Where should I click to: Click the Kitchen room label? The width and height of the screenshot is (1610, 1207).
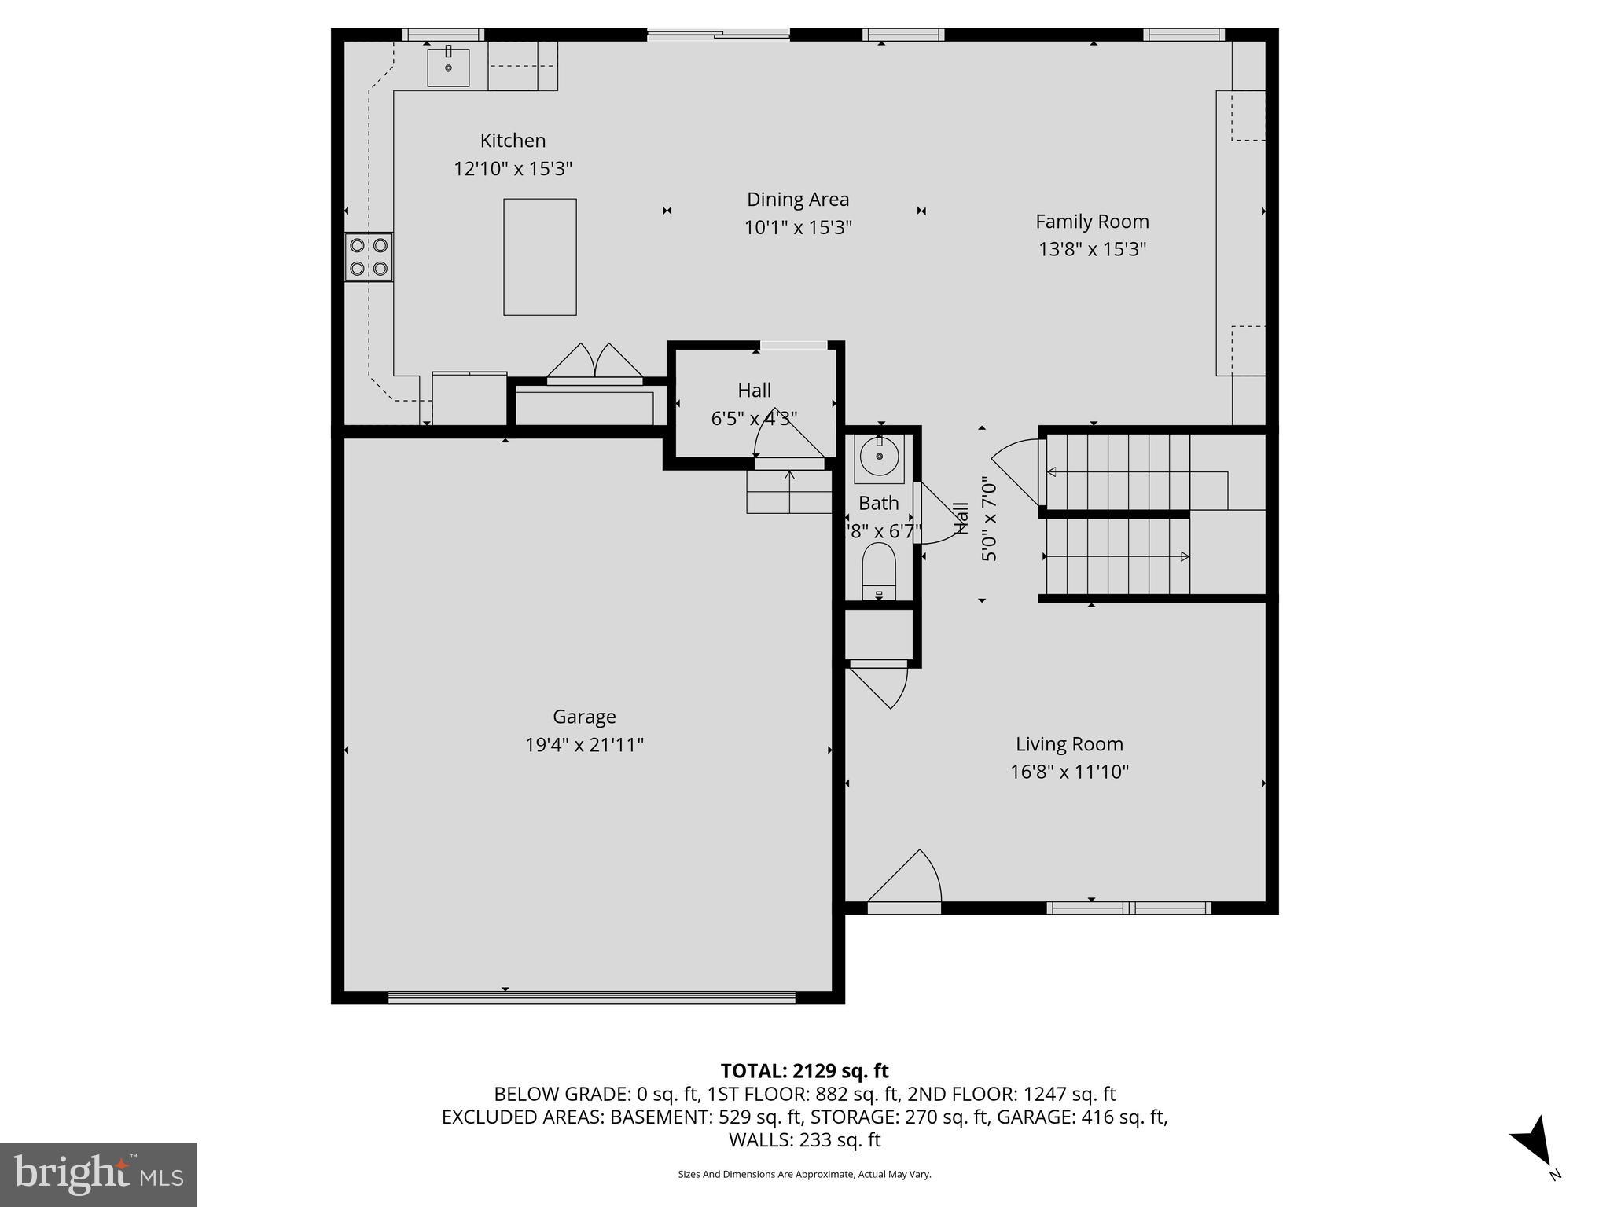[513, 141]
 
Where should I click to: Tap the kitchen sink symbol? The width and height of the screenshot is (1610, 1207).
[448, 67]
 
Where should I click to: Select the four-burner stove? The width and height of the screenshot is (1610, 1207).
[369, 257]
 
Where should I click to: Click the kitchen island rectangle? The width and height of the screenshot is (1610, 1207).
[539, 257]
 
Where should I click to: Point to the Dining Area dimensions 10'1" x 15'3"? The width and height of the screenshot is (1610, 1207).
[798, 228]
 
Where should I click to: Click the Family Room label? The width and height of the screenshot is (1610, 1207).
[1091, 222]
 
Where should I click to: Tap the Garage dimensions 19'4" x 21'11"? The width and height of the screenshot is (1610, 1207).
[584, 744]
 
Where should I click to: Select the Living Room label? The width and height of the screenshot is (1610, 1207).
[1069, 743]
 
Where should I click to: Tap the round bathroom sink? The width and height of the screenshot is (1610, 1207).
[879, 456]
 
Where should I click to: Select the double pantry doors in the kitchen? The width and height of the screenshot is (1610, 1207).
[595, 364]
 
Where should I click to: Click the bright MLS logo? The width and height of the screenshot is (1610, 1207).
[97, 1175]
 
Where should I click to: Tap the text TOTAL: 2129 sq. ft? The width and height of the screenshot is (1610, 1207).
[804, 1071]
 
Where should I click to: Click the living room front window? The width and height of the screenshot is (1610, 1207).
[1129, 908]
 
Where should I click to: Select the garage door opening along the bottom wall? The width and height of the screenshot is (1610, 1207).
[592, 998]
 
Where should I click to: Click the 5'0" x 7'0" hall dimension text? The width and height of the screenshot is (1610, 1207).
[989, 521]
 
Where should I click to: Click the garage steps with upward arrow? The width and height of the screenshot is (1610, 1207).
[789, 492]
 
